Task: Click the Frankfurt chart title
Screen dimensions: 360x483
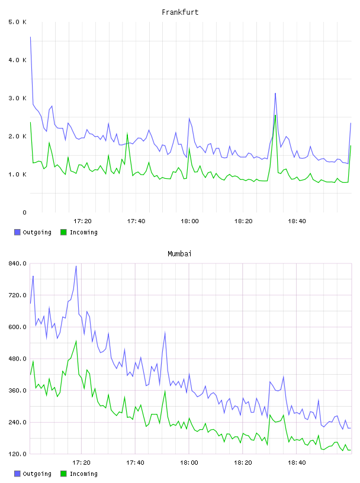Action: click(180, 12)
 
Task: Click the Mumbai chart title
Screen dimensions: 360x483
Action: click(179, 254)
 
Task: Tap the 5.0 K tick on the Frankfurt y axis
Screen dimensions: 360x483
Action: click(17, 22)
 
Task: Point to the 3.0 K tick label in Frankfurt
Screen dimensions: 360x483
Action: click(17, 98)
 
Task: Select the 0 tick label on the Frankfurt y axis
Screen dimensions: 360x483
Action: click(24, 212)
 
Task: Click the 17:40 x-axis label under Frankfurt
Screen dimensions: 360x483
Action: click(136, 221)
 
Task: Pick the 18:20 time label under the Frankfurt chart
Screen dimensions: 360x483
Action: click(243, 221)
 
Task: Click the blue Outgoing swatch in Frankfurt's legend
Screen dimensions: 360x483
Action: click(17, 232)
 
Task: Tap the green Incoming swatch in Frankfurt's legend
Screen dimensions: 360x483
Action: click(63, 232)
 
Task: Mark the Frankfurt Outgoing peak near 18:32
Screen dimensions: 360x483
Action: click(275, 93)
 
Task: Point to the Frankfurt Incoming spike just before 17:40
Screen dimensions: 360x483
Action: click(127, 133)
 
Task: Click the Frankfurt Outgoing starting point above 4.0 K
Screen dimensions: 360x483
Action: click(30, 37)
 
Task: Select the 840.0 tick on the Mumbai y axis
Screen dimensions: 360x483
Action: click(17, 263)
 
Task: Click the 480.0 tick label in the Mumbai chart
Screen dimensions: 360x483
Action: click(17, 359)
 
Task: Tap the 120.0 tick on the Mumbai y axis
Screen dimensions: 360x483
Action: click(17, 454)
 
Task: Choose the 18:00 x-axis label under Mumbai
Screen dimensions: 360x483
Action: click(189, 463)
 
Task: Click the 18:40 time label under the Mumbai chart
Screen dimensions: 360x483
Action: click(297, 463)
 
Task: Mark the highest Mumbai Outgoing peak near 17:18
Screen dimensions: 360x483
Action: click(76, 266)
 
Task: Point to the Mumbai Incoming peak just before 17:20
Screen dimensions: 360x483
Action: click(76, 341)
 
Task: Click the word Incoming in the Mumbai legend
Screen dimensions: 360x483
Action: click(83, 474)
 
